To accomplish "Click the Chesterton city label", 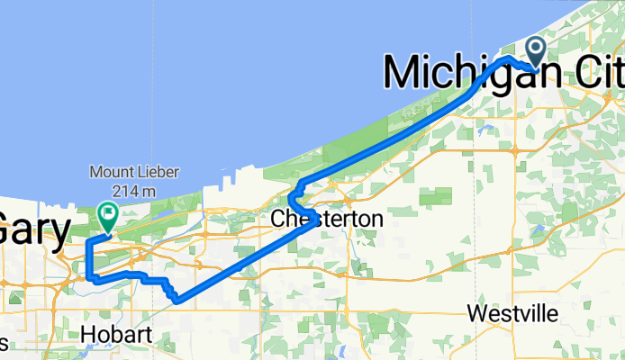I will (327, 220).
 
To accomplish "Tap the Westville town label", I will (512, 314).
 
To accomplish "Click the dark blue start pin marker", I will (535, 50).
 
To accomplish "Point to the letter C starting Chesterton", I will (278, 220).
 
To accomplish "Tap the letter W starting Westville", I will (476, 314).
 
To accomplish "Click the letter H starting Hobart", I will (87, 335).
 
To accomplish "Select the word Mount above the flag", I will (109, 172).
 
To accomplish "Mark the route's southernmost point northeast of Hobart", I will (178, 301).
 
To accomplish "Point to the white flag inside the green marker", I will (108, 214).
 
